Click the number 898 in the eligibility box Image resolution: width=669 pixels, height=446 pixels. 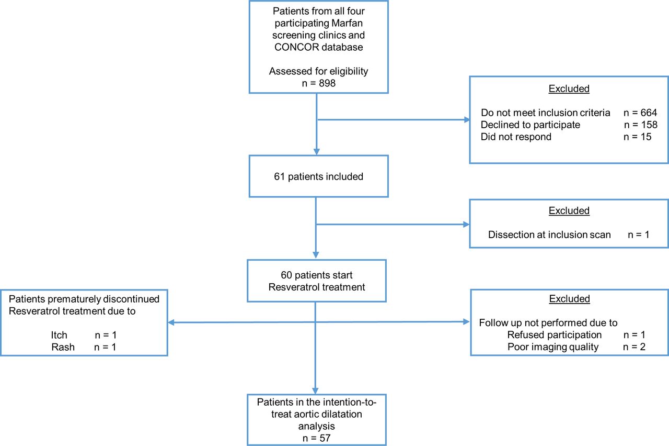pos(327,83)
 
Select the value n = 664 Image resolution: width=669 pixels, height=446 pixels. pos(640,113)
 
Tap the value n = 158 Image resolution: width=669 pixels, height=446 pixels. pos(640,125)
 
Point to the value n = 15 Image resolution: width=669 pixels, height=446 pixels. pos(637,137)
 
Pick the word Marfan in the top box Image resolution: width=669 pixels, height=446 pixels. pos(347,23)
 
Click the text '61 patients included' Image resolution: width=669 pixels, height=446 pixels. pos(318,176)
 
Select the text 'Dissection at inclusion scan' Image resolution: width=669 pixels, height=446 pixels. pos(549,235)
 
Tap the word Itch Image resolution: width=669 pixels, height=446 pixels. pos(59,335)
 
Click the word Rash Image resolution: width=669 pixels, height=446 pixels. pos(63,347)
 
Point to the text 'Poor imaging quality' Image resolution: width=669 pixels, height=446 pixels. pos(553,347)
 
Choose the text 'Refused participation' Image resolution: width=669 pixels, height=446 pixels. pos(555,335)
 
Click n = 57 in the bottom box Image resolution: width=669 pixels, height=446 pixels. pos(316,438)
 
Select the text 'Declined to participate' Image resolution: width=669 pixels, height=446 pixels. pos(530,125)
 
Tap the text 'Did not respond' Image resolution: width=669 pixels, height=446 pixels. pos(516,137)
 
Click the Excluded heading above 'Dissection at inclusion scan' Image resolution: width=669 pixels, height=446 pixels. pos(569,210)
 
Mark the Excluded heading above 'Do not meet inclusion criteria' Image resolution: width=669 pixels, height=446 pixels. pos(569,89)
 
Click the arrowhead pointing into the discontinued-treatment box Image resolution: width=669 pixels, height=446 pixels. pos(171,322)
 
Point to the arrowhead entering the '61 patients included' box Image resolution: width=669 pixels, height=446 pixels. pos(317,152)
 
